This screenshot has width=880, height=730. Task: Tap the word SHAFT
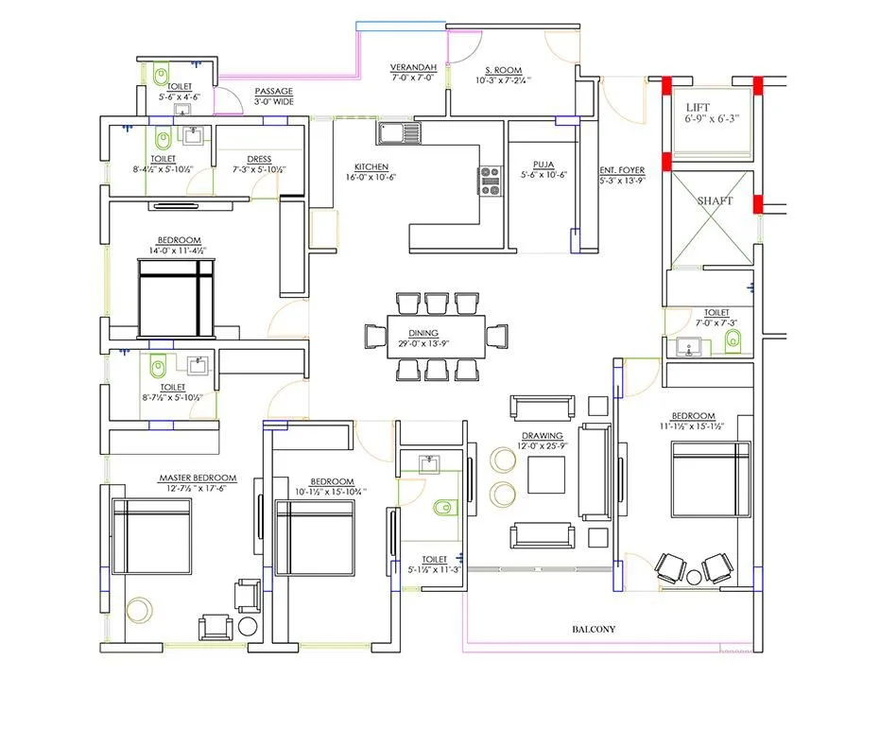714,201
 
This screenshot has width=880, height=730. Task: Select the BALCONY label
594,629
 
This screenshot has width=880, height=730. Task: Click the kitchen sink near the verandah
399,131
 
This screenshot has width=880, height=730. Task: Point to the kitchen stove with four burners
490,180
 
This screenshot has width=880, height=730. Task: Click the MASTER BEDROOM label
198,478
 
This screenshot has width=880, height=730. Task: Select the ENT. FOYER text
622,171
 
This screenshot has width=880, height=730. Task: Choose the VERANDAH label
413,69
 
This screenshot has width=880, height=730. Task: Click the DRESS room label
259,159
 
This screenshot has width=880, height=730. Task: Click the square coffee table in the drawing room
545,475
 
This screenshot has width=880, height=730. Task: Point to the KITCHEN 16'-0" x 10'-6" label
370,170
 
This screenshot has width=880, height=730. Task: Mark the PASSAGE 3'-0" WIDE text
273,96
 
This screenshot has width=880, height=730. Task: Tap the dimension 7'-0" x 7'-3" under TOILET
716,323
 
